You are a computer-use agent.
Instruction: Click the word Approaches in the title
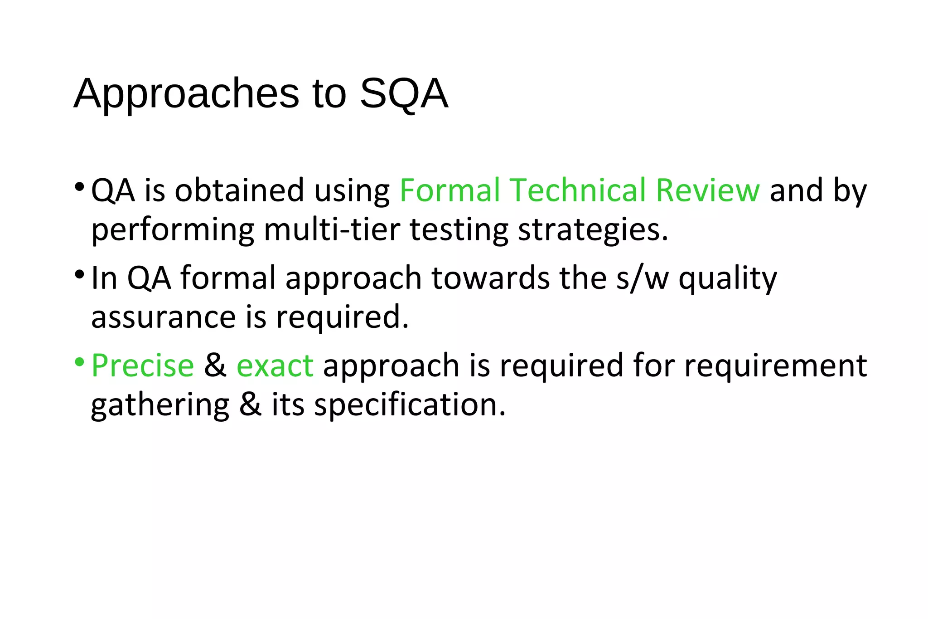point(186,94)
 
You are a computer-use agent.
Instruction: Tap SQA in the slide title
point(404,94)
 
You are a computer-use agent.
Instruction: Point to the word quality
point(728,279)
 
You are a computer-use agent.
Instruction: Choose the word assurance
point(164,317)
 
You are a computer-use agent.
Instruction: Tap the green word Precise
point(143,366)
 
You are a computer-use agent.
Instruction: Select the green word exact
point(275,366)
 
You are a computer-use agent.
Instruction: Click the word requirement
point(775,366)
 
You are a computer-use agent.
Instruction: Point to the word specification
point(410,405)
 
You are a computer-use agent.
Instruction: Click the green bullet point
point(79,362)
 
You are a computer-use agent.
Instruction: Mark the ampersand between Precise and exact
point(215,366)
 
